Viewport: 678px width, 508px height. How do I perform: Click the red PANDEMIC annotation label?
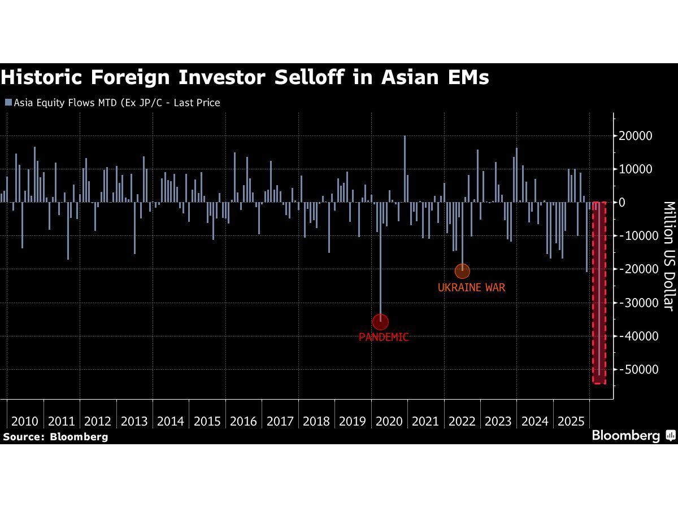click(x=384, y=337)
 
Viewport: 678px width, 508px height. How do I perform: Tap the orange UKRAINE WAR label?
click(x=471, y=287)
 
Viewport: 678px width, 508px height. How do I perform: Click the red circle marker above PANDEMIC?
click(x=380, y=322)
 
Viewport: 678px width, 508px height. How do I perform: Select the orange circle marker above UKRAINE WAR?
click(x=462, y=271)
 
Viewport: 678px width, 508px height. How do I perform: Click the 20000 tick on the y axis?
click(x=636, y=136)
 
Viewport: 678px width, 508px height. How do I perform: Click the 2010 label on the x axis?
click(x=25, y=421)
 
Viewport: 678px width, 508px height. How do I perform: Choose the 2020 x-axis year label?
click(x=389, y=421)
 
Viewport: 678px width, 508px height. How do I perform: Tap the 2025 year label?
click(x=571, y=421)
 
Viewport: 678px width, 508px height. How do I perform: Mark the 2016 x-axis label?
click(x=244, y=421)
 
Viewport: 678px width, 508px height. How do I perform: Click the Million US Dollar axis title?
click(x=668, y=255)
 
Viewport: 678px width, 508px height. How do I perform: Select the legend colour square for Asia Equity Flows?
click(x=8, y=103)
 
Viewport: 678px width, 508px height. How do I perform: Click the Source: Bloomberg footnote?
click(x=55, y=436)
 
